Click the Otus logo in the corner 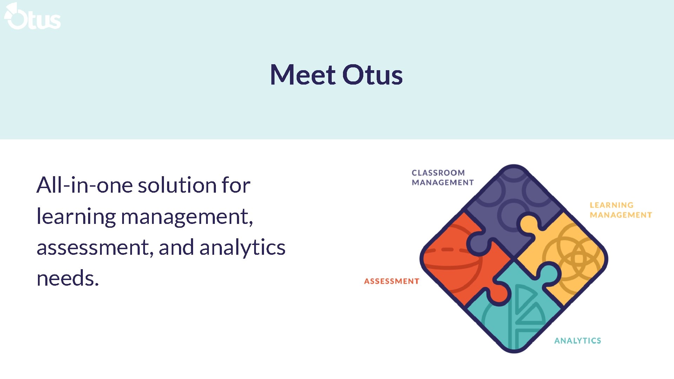pos(32,16)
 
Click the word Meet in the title pos(303,75)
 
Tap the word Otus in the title pos(372,75)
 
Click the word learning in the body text pos(76,217)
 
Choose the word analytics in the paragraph pos(242,247)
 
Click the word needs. pos(68,278)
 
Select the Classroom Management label pos(442,178)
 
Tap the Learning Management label pos(620,210)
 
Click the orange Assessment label pos(391,281)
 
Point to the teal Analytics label pos(577,340)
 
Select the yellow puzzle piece pos(569,253)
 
